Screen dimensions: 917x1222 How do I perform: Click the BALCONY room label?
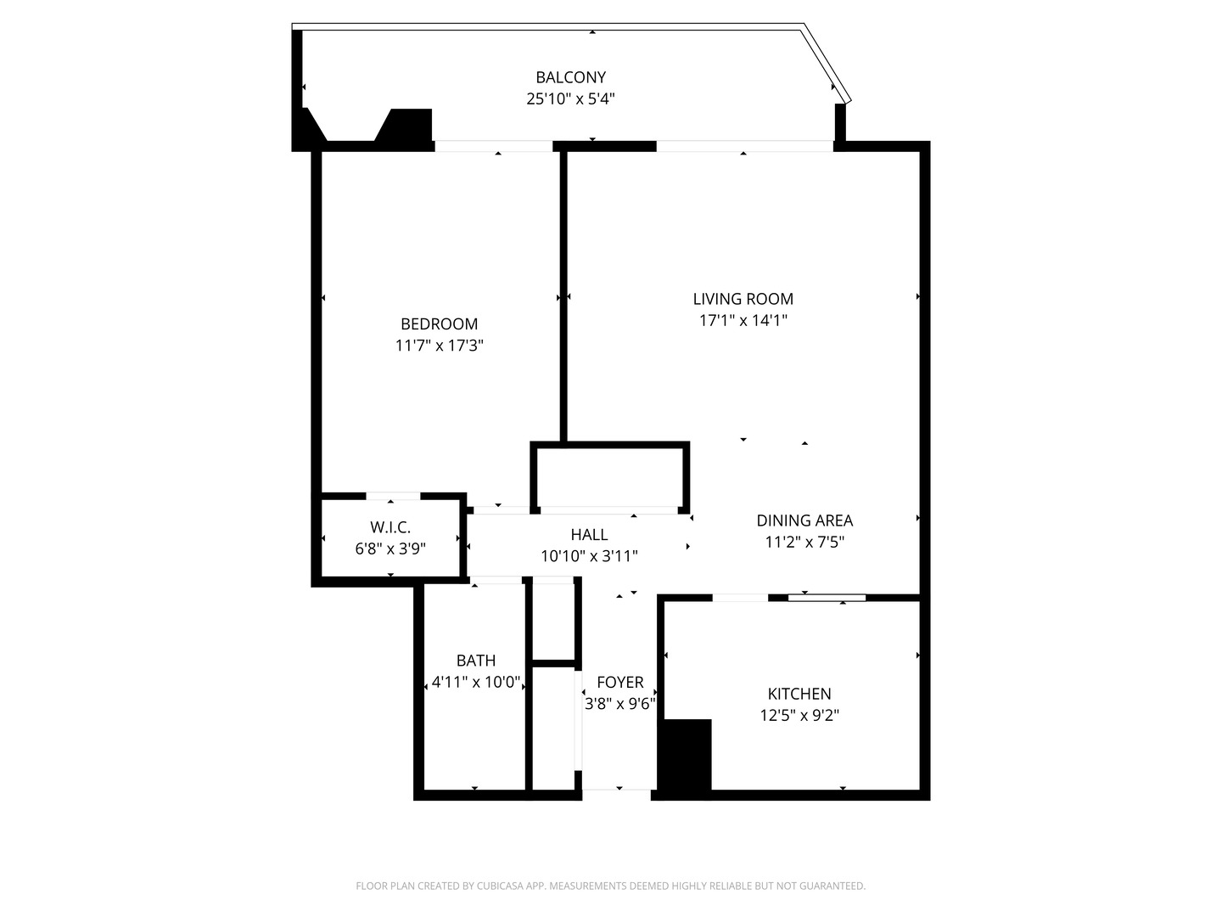tap(570, 77)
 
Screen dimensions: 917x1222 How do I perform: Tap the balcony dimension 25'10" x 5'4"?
tap(570, 98)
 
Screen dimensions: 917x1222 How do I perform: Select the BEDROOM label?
tap(439, 323)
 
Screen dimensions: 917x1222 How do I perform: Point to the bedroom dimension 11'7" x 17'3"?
tap(439, 346)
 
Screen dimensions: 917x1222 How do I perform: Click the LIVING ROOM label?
tap(743, 299)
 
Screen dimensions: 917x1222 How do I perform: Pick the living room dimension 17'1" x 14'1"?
tap(743, 320)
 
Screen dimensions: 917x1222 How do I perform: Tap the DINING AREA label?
tap(804, 520)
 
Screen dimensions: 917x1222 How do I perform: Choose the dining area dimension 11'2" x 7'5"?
tap(804, 542)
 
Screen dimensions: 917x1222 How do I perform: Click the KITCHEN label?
tap(799, 694)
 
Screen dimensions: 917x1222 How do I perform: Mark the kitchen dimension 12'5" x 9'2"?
tap(799, 715)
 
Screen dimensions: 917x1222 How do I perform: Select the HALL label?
tap(589, 534)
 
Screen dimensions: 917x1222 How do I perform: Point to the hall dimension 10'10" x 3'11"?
tap(589, 556)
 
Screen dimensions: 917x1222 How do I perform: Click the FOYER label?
tap(619, 682)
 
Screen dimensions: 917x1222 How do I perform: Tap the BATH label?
tap(475, 660)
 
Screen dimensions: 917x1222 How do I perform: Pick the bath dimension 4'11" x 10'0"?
tap(475, 682)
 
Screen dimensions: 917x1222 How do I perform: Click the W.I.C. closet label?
tap(390, 527)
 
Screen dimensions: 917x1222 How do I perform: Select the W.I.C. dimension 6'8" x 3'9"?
tap(390, 549)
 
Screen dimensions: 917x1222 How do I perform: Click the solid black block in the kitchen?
tap(685, 756)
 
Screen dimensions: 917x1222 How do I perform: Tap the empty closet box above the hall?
tap(609, 476)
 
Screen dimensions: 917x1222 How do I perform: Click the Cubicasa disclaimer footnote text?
tap(610, 886)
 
